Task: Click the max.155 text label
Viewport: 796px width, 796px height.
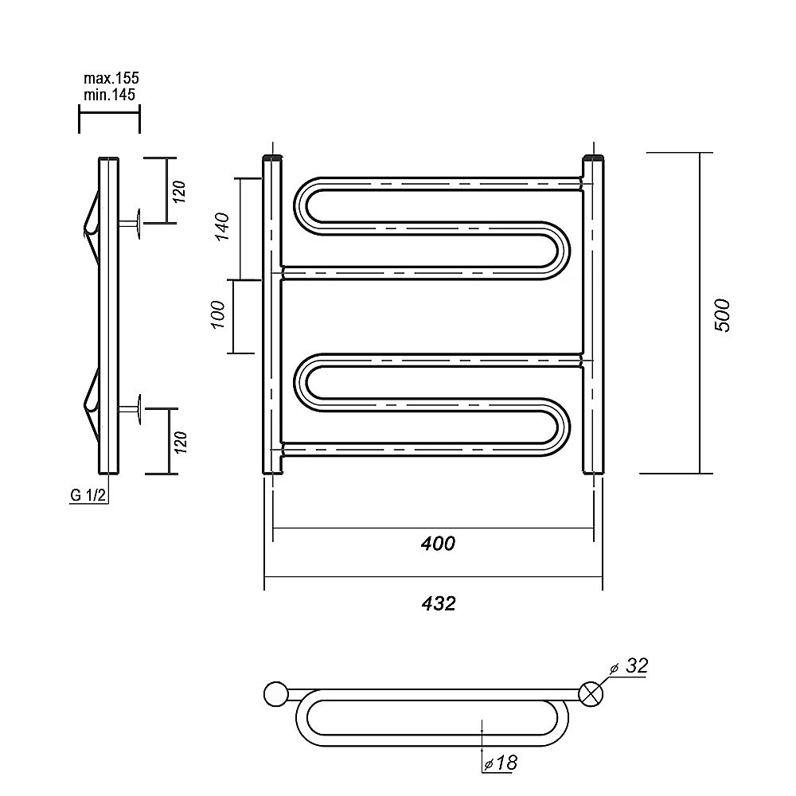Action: tap(111, 79)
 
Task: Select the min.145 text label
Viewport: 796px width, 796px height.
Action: tap(110, 95)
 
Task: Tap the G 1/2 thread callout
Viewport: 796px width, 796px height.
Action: tap(88, 495)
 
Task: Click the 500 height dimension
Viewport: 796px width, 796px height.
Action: tap(722, 315)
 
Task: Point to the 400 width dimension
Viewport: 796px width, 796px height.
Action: tap(438, 544)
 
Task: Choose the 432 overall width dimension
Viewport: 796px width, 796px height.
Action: tap(439, 603)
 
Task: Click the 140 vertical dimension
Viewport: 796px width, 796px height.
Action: tap(222, 226)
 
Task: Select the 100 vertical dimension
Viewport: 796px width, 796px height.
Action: tap(218, 314)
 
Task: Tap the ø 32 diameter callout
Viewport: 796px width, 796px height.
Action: tap(629, 666)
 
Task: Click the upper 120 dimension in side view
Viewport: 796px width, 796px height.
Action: tap(180, 191)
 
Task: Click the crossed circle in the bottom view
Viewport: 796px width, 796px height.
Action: tap(591, 694)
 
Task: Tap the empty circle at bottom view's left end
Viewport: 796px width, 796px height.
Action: tap(275, 694)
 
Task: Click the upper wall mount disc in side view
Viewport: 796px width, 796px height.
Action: tap(138, 224)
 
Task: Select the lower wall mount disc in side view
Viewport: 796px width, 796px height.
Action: tap(138, 408)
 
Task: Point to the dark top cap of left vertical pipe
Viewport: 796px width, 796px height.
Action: tap(272, 158)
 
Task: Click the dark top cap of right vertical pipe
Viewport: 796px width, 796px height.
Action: tap(593, 158)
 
